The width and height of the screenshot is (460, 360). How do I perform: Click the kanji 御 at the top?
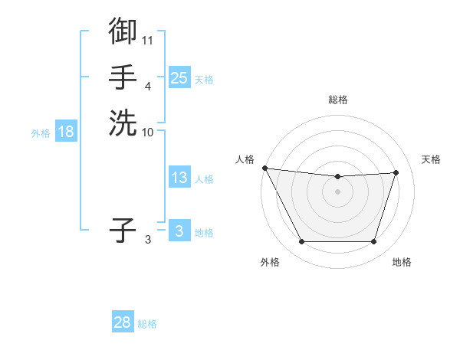coord(123,31)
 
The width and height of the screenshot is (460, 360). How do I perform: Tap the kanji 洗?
coord(123,123)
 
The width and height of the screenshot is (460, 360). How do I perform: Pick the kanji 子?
coord(123,229)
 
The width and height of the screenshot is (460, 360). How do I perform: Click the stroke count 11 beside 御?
coord(147,39)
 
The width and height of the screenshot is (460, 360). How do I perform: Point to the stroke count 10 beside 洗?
coord(147,132)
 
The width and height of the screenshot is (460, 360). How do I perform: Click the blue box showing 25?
coord(179,78)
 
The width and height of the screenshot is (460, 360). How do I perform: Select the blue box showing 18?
coord(66,132)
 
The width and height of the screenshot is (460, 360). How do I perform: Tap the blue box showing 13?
coord(179,178)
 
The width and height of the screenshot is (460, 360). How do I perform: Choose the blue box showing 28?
coord(123,322)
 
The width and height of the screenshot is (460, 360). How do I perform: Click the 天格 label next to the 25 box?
coord(204,79)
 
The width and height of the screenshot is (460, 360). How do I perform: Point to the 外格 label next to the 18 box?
coord(41,133)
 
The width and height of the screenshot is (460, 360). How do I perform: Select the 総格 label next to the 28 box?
coord(147,323)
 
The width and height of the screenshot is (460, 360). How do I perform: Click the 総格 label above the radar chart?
coord(337,100)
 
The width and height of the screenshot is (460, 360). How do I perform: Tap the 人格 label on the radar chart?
coord(245,159)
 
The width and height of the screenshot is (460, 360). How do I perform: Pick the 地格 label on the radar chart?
coord(402,262)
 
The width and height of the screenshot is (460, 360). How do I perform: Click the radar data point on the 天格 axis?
coord(396,172)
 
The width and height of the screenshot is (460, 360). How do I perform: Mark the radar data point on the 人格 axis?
coord(264,168)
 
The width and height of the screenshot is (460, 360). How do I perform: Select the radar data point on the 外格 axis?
coord(301,242)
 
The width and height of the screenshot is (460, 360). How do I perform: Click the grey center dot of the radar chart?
coord(337,191)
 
